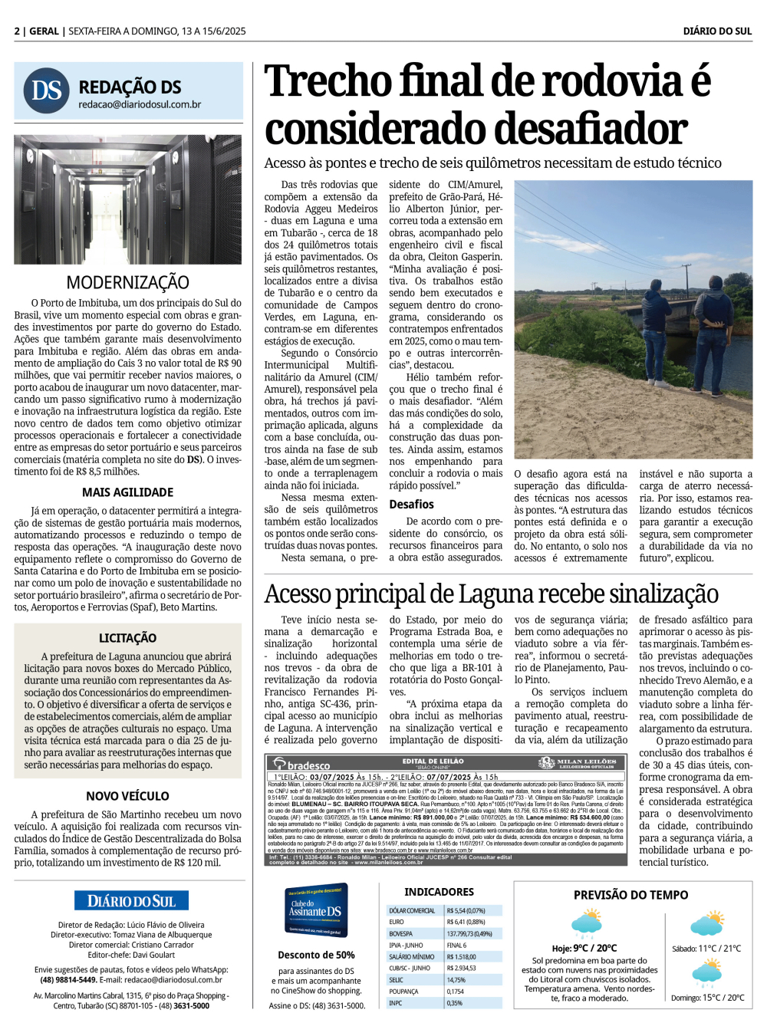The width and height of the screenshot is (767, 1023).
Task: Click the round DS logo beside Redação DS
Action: (47, 91)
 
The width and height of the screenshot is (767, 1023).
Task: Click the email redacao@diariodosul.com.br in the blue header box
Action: (140, 105)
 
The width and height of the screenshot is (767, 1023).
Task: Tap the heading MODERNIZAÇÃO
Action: (127, 282)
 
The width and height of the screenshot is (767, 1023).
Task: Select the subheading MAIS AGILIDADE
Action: (127, 492)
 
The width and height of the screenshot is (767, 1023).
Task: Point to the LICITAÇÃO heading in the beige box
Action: (127, 638)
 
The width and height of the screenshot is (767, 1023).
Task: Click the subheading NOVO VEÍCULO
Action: (127, 796)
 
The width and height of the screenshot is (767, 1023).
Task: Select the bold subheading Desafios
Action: (411, 505)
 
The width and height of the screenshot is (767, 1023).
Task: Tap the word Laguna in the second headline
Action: (493, 594)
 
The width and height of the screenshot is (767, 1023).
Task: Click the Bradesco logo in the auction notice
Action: (304, 765)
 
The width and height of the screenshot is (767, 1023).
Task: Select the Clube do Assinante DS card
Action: (316, 910)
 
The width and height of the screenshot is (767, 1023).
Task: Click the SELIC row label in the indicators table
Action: (397, 980)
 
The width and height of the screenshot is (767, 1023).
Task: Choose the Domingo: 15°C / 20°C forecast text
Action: (707, 998)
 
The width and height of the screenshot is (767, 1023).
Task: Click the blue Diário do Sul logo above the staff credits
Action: (131, 901)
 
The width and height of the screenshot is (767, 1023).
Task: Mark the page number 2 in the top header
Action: (17, 31)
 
